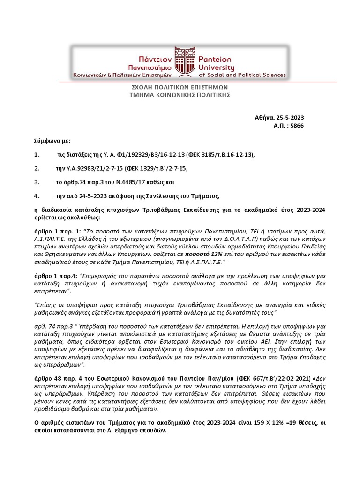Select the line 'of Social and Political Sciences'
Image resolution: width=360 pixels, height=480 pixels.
tap(242, 75)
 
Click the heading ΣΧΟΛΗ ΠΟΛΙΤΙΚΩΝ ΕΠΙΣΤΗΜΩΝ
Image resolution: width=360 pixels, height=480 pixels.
tap(180, 87)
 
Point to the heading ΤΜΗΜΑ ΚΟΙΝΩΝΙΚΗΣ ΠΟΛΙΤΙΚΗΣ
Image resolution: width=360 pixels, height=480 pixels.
tap(180, 95)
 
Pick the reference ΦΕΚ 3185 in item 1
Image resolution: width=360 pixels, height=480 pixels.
tap(202, 154)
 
